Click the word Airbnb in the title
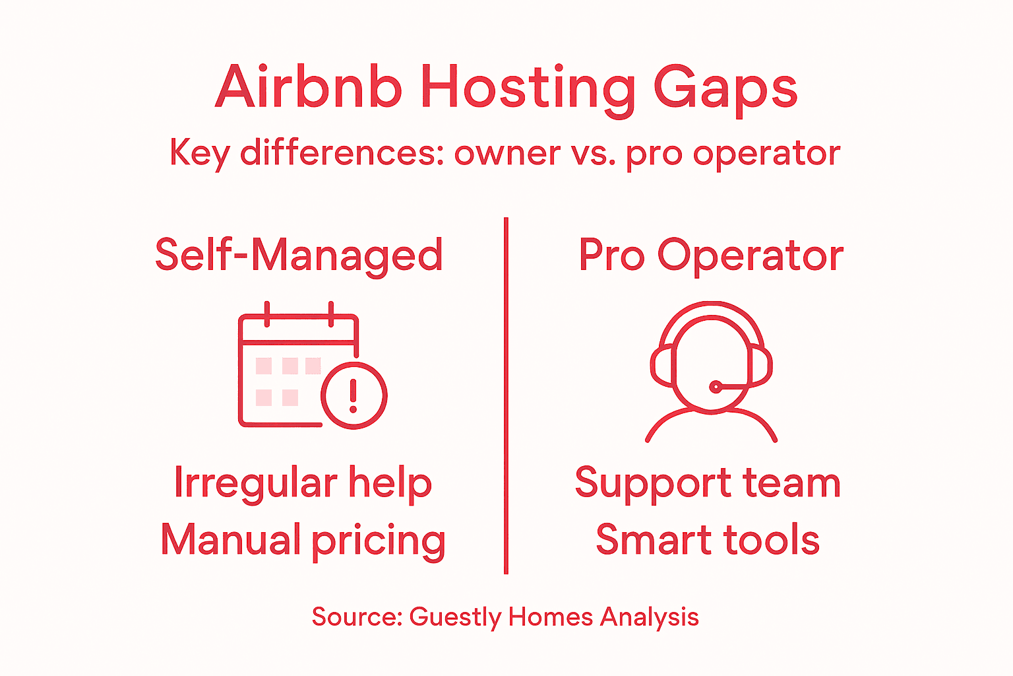tap(309, 87)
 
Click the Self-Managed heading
tap(299, 255)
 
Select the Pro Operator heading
tap(710, 255)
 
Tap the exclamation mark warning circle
tap(353, 395)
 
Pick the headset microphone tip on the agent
tap(715, 387)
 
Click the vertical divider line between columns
tap(506, 396)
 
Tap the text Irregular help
tap(303, 483)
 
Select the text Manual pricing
tap(303, 540)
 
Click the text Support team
tap(708, 483)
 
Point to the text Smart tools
tap(708, 539)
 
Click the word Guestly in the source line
tap(456, 617)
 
